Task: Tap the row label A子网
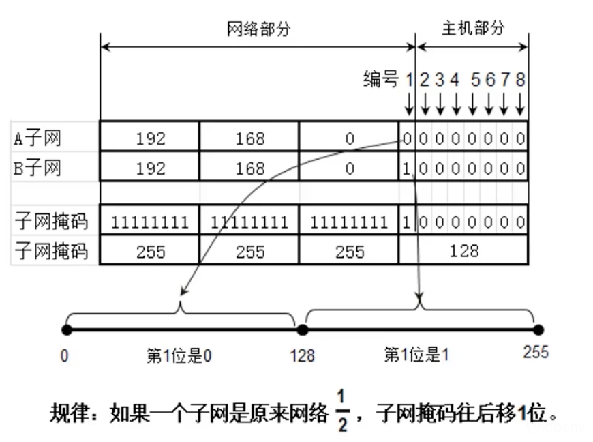click(x=37, y=138)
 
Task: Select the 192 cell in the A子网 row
click(x=150, y=138)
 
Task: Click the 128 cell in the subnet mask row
click(x=464, y=250)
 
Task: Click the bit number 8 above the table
click(x=520, y=80)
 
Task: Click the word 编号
click(x=380, y=80)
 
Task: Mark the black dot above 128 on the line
click(x=303, y=329)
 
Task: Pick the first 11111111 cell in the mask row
click(x=150, y=222)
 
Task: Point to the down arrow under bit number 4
click(x=457, y=104)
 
